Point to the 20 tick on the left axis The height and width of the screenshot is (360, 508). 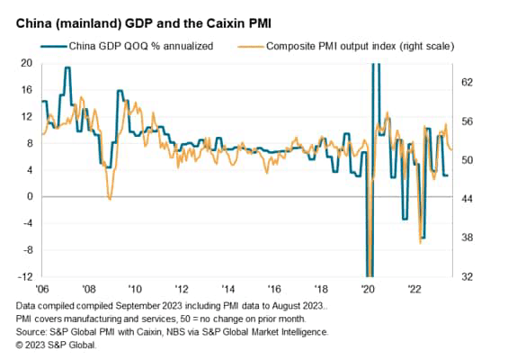tap(26, 63)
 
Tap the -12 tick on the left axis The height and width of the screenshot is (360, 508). tap(24, 276)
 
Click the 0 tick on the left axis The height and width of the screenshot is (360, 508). tap(29, 196)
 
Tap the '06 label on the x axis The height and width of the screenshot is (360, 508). tap(41, 290)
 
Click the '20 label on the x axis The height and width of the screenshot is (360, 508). tap(368, 290)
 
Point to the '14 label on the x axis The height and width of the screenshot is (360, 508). tap(228, 290)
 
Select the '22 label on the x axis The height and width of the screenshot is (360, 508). tap(414, 290)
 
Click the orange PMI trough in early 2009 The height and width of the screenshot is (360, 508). tap(110, 198)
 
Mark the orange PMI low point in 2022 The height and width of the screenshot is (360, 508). tap(420, 242)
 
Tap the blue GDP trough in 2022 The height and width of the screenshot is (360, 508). tap(423, 238)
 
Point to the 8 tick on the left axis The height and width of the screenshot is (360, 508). tap(29, 143)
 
